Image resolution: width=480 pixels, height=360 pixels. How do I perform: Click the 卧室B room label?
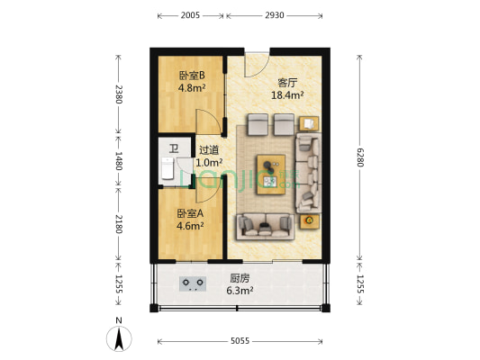(192, 76)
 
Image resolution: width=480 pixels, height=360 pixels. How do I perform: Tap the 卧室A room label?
(190, 213)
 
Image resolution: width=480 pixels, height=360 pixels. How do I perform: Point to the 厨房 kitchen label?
(240, 278)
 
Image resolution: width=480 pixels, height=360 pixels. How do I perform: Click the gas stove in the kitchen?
(193, 284)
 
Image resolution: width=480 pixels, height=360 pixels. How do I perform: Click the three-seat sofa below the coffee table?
(266, 225)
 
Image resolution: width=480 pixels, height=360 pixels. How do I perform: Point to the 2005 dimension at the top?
(191, 16)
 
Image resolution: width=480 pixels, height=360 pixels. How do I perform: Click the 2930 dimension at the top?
(275, 16)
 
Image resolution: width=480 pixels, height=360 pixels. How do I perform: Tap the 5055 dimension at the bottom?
(239, 342)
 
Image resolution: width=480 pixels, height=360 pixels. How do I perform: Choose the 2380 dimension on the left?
(117, 94)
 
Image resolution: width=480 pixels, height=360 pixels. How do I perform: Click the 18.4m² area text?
(287, 94)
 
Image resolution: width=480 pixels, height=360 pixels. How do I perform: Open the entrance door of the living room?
(257, 63)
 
